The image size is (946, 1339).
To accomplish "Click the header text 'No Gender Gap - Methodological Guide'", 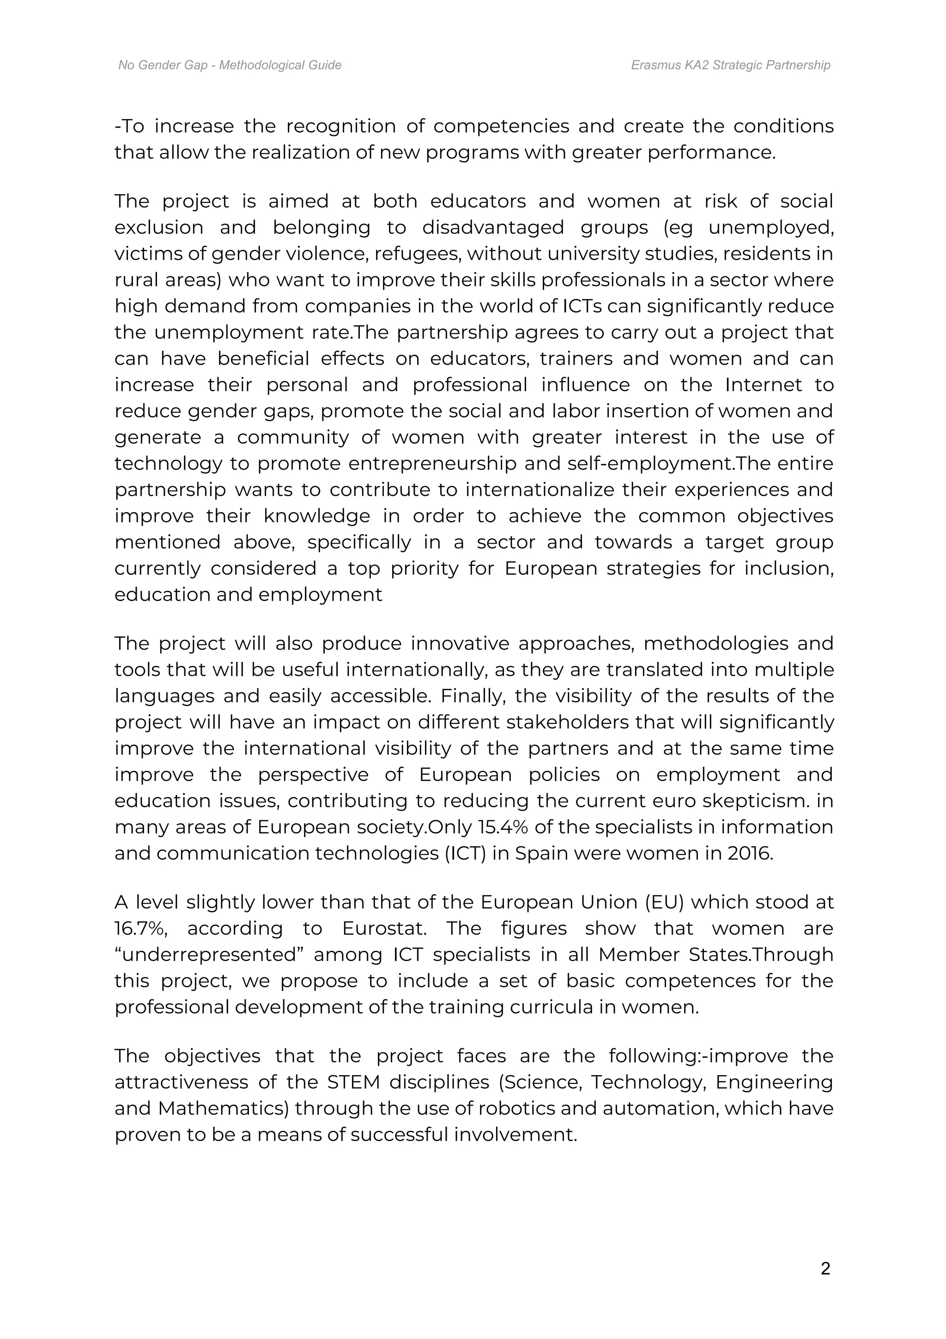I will pyautogui.click(x=230, y=65).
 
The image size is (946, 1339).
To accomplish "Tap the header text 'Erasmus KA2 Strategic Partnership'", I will pyautogui.click(x=730, y=65).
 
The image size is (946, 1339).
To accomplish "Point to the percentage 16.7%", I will pyautogui.click(x=142, y=929).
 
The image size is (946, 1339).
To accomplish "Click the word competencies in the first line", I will pyautogui.click(x=501, y=127).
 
